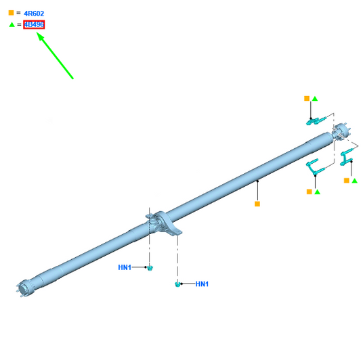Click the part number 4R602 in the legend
[34, 14]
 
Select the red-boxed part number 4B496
[34, 24]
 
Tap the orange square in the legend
[11, 13]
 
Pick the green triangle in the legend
[12, 24]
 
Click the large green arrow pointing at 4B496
[55, 55]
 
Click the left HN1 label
[125, 267]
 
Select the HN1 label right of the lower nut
[202, 284]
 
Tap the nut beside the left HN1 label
[150, 268]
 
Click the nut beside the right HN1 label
[177, 284]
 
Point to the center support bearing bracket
[166, 224]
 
